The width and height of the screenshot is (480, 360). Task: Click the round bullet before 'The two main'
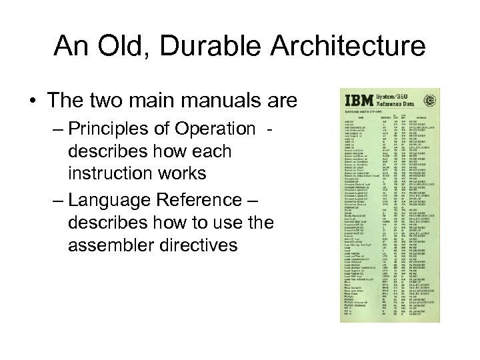click(x=33, y=102)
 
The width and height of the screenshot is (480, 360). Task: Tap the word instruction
click(x=111, y=174)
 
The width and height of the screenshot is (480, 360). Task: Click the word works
click(x=183, y=174)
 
